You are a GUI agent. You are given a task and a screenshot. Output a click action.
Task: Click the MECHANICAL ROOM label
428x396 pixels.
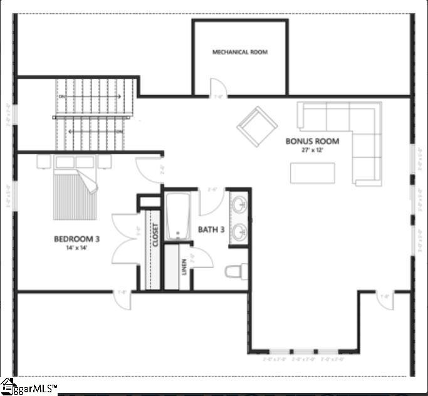click(239, 52)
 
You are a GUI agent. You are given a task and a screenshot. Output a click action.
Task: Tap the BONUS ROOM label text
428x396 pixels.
click(312, 142)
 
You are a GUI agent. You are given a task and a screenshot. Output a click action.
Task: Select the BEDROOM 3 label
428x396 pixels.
click(77, 239)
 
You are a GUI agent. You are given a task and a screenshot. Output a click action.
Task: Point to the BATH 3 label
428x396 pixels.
click(211, 230)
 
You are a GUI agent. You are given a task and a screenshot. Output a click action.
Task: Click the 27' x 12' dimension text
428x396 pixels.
click(312, 151)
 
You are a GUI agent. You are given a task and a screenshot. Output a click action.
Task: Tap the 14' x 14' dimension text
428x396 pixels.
click(77, 248)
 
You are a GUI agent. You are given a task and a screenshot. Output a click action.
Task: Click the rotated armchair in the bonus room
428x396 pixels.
click(257, 127)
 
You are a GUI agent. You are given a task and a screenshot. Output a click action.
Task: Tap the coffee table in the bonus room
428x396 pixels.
click(312, 173)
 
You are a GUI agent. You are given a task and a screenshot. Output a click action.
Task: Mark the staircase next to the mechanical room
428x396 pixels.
click(95, 115)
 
